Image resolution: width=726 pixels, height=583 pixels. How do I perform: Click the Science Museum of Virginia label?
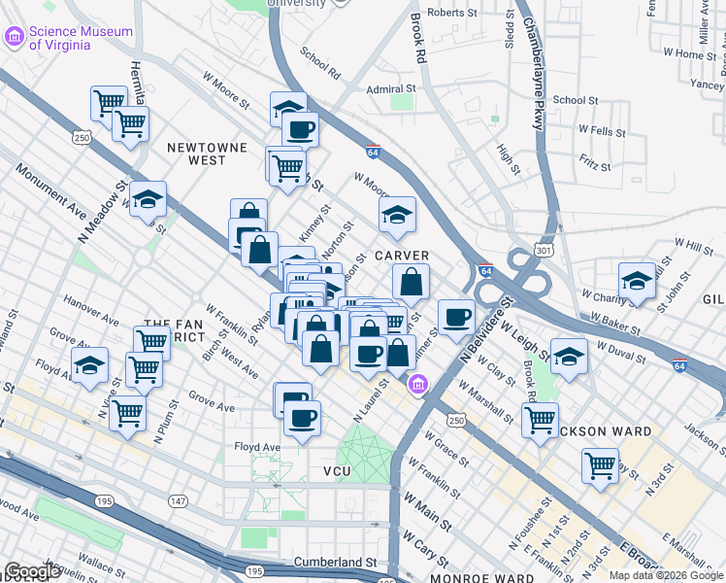pyautogui.click(x=81, y=38)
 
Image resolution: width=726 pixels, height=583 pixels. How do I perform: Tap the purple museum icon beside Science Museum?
pyautogui.click(x=15, y=38)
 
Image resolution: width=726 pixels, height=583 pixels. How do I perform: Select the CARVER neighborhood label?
pyautogui.click(x=402, y=256)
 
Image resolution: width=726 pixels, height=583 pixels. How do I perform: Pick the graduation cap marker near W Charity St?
pyautogui.click(x=637, y=281)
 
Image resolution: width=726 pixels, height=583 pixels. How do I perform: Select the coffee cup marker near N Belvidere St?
pyautogui.click(x=456, y=317)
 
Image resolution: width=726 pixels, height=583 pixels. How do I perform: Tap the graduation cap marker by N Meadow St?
pyautogui.click(x=148, y=199)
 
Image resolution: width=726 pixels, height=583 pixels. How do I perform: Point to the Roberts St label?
pyautogui.click(x=452, y=14)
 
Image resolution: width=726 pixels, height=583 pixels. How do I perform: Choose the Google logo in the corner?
pyautogui.click(x=32, y=571)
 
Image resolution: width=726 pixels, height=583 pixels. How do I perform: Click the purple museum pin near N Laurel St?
pyautogui.click(x=418, y=385)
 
